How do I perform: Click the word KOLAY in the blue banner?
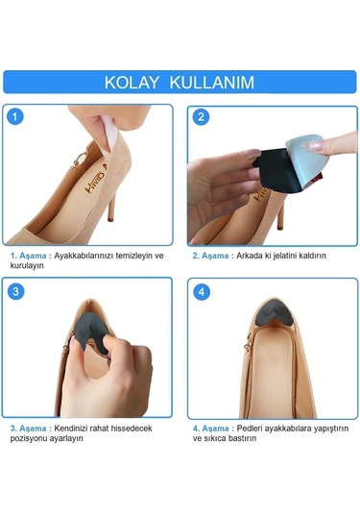pos(132,82)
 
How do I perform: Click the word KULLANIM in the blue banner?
pos(212,82)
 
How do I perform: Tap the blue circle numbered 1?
pos(15,116)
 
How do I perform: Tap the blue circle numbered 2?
pos(201,117)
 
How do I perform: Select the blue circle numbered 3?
pos(15,291)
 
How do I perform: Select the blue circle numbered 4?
pos(202,292)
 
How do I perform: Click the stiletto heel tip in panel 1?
pos(110,219)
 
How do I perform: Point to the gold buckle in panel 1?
pos(80,159)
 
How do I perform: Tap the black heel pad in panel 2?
pos(273,170)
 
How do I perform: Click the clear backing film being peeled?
pos(307,159)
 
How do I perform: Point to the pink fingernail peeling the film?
pos(317,145)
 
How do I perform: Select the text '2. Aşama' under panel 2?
pos(210,256)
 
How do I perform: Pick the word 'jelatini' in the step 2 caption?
pos(284,256)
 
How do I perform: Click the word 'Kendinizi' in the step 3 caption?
pos(71,428)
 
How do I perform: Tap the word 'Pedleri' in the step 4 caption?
pos(250,428)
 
